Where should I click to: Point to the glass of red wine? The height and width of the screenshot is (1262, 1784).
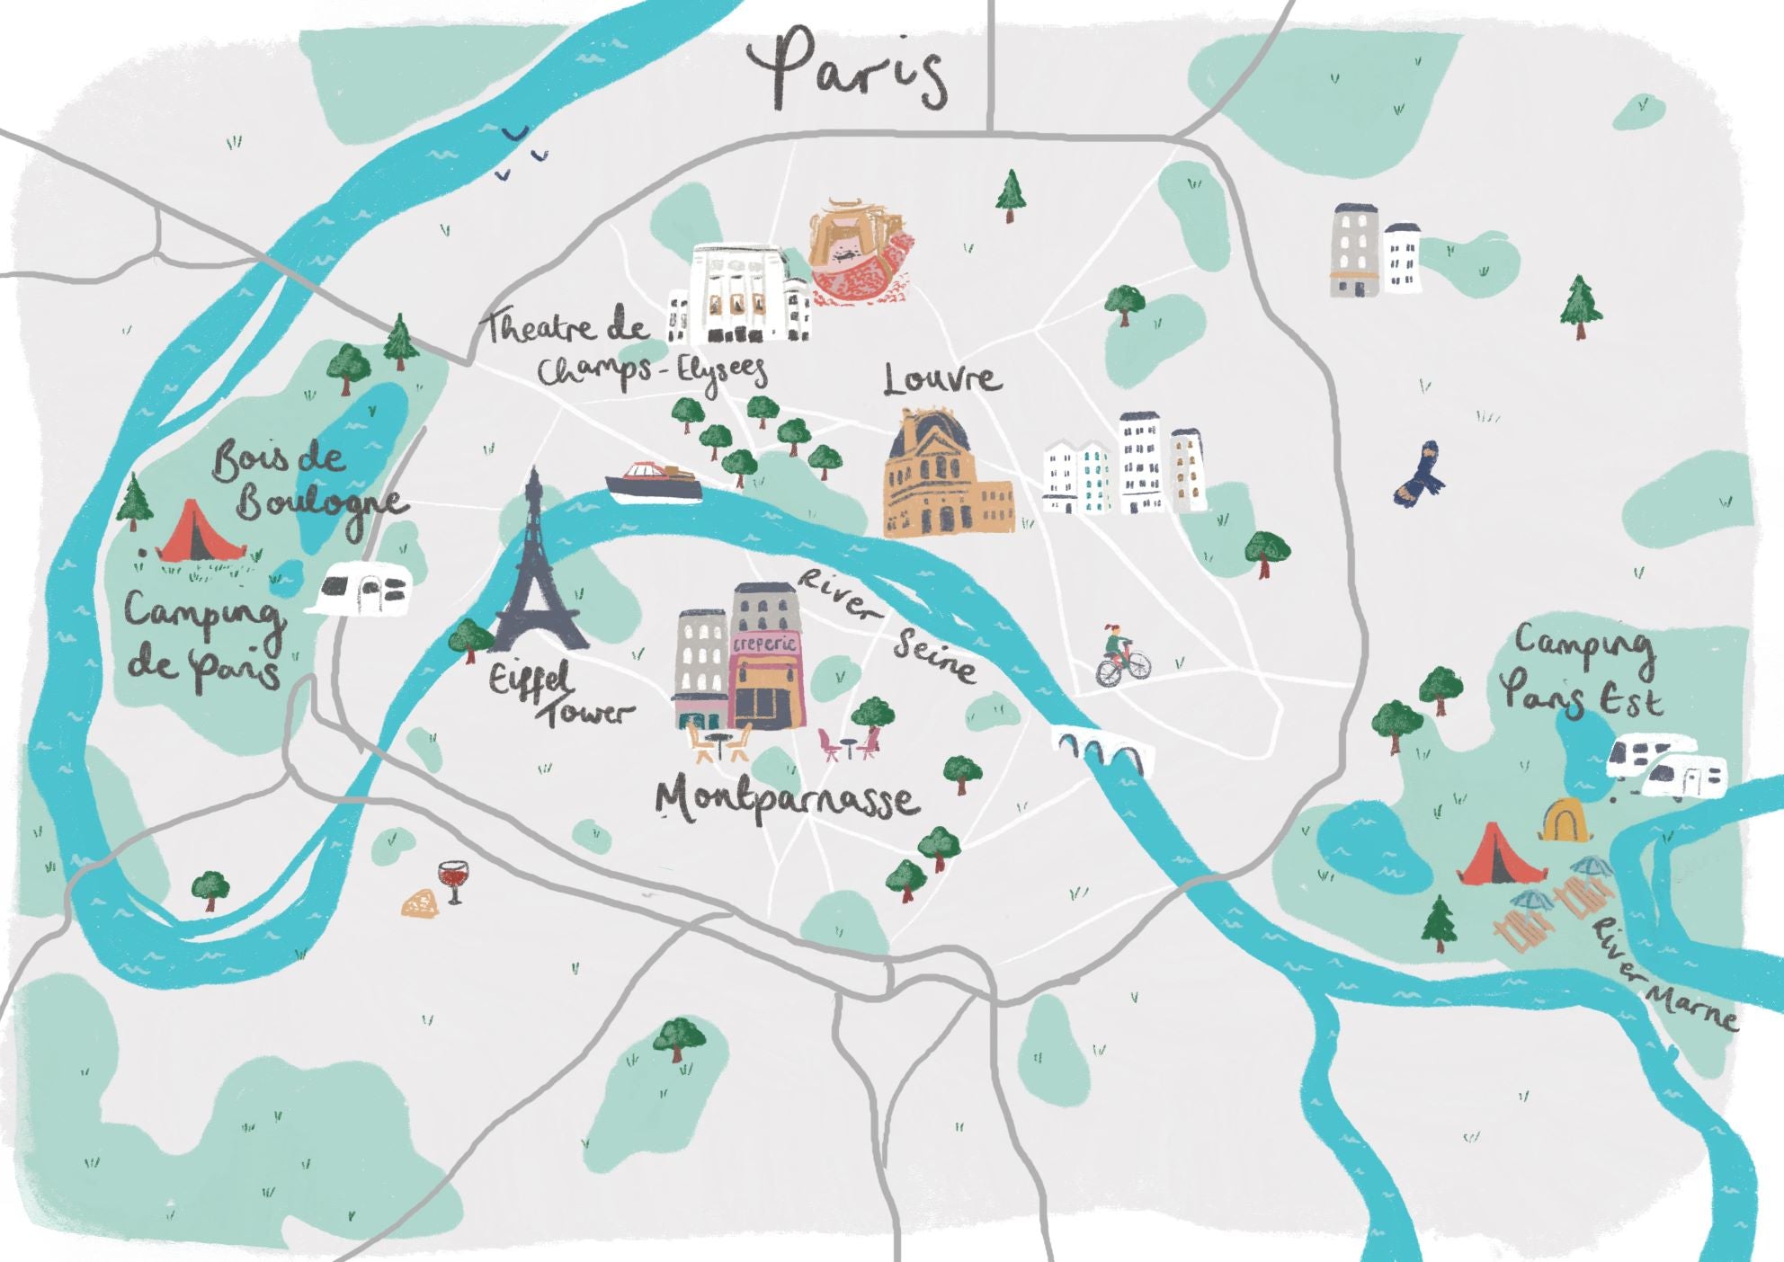coord(452,879)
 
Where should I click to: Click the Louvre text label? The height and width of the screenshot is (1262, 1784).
coord(941,378)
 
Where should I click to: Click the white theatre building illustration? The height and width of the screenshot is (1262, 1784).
coord(739,294)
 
